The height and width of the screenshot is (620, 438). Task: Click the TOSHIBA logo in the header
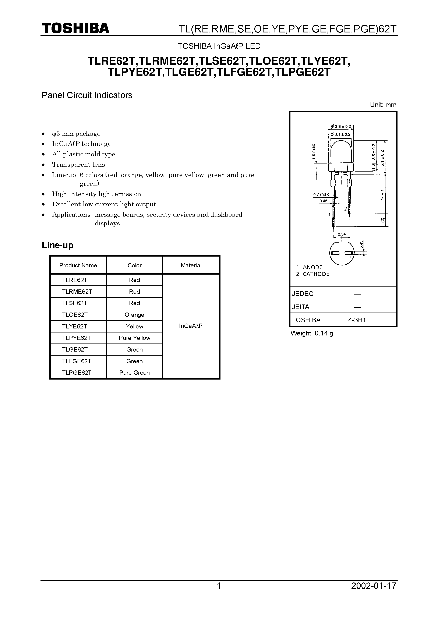pyautogui.click(x=75, y=28)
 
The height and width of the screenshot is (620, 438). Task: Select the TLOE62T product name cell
pyautogui.click(x=75, y=315)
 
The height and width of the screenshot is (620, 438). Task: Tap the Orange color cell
pyautogui.click(x=134, y=315)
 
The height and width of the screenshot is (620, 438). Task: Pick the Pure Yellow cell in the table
pyautogui.click(x=134, y=338)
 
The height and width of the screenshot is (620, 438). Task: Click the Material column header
pyautogui.click(x=191, y=265)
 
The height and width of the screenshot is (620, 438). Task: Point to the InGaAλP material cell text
pyautogui.click(x=191, y=326)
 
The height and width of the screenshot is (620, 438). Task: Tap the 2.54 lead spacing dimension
pyautogui.click(x=342, y=234)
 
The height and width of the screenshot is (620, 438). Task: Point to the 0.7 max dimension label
pyautogui.click(x=321, y=194)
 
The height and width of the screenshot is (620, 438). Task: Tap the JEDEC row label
pyautogui.click(x=303, y=294)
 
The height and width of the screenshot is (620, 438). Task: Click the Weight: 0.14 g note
pyautogui.click(x=312, y=333)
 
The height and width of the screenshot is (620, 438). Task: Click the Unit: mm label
pyautogui.click(x=383, y=105)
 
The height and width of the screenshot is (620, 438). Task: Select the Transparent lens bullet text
pyautogui.click(x=78, y=165)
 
